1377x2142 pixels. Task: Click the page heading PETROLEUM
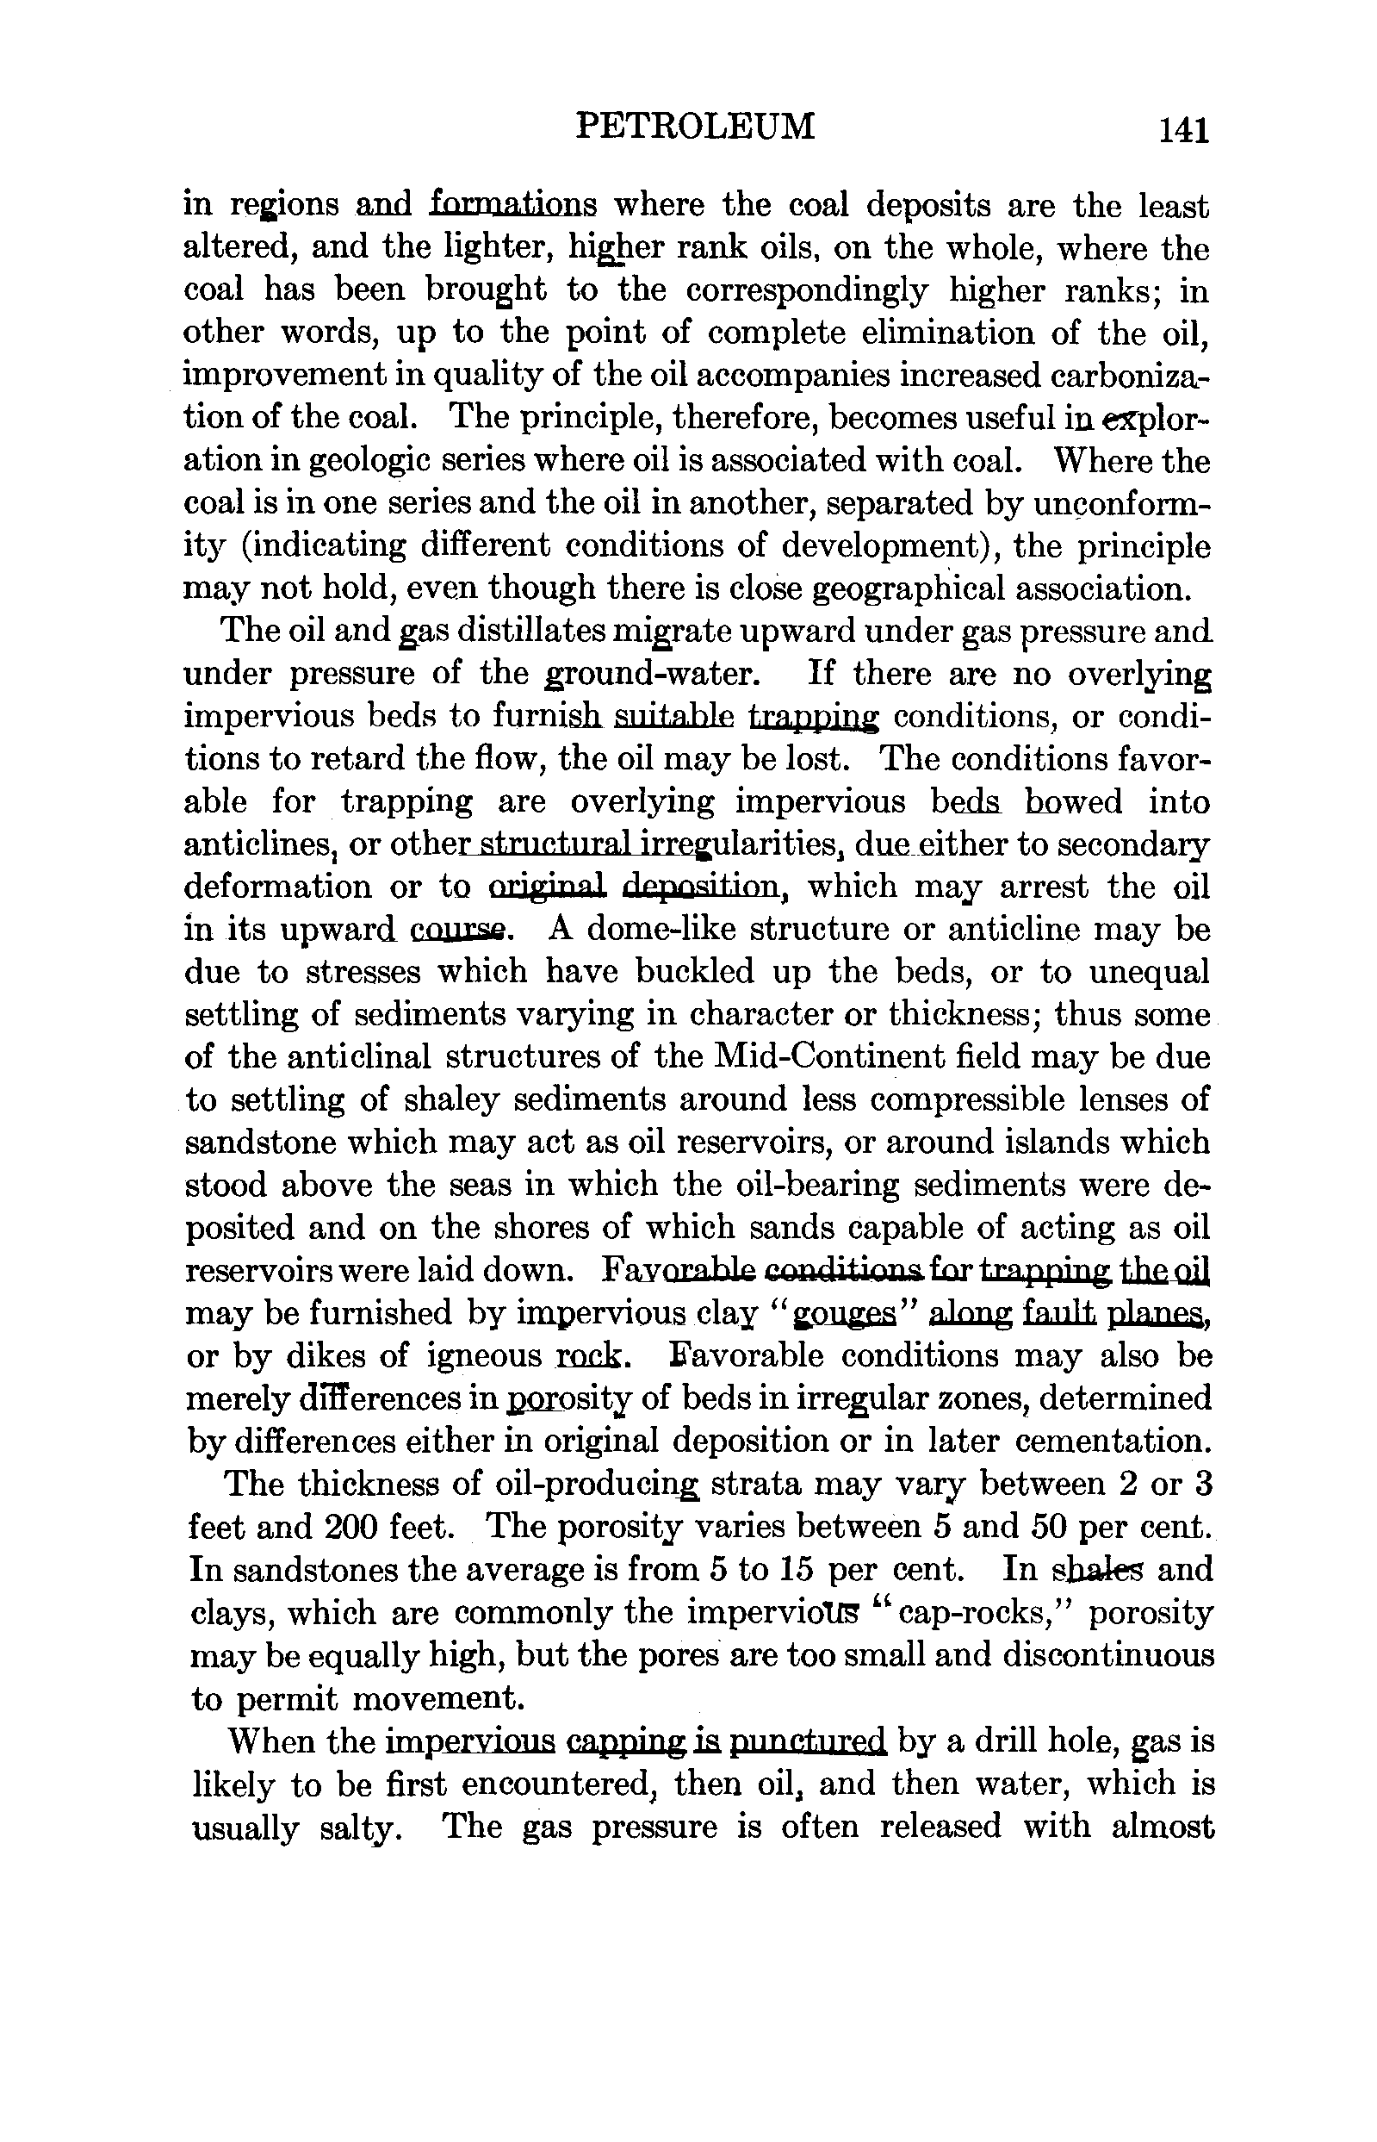pyautogui.click(x=695, y=126)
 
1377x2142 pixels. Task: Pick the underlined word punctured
pyautogui.click(x=808, y=1740)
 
